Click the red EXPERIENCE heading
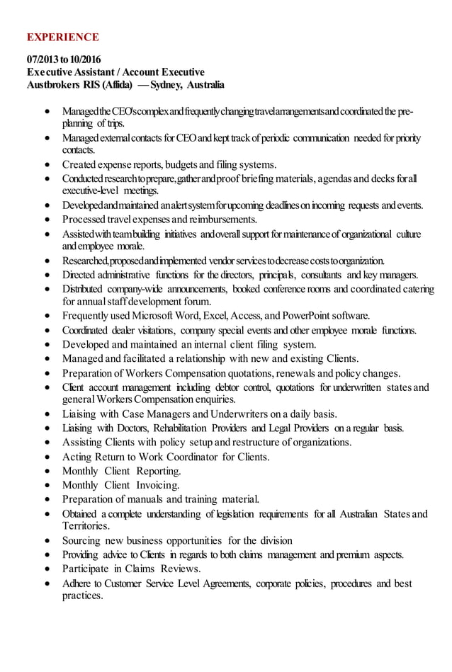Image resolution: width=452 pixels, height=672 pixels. (62, 37)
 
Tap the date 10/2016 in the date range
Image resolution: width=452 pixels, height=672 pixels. (85, 59)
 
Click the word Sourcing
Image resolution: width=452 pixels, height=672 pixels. (83, 540)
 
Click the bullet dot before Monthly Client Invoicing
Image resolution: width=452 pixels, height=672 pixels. (47, 486)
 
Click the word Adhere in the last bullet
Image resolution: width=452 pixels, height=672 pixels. (79, 583)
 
